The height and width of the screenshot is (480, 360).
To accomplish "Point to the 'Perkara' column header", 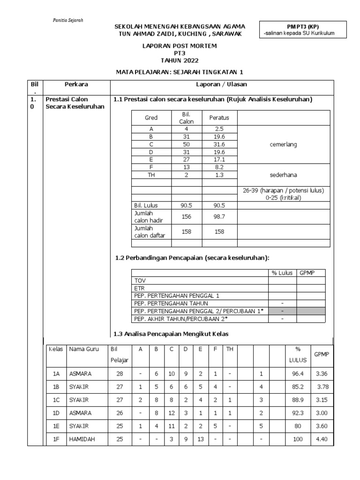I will point(76,84).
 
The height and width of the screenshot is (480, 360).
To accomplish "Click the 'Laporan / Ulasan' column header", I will point(221,84).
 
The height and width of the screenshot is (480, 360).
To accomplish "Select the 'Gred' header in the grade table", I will point(151,118).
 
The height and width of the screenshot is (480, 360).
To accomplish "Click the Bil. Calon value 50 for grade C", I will point(187,144).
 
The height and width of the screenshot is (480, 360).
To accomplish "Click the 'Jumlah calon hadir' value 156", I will point(187,217).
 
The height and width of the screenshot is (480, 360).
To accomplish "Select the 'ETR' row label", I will point(139,288).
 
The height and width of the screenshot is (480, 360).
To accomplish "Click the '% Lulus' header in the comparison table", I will point(282,272).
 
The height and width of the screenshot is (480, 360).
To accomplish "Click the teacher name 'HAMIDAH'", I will point(82,440).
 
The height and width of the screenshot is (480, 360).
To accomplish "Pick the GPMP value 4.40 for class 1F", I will point(321,440).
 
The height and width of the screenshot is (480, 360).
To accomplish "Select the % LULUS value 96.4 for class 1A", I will point(297,374).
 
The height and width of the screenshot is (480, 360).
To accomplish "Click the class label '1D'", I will point(56,413).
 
